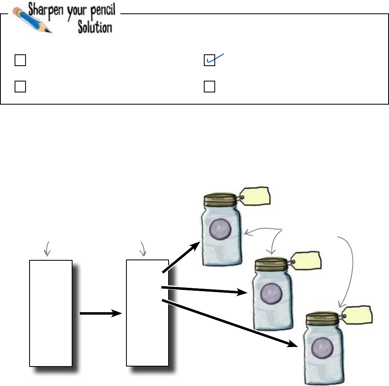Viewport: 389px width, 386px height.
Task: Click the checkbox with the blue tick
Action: pos(209,60)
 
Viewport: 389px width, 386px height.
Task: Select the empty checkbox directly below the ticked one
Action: pos(209,86)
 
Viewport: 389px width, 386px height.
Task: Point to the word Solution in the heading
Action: pos(96,28)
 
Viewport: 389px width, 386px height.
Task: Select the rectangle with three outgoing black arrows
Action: pos(147,313)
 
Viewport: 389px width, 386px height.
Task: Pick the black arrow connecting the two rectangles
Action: pos(100,313)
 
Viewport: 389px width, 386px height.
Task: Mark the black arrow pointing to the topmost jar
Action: pos(181,257)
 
